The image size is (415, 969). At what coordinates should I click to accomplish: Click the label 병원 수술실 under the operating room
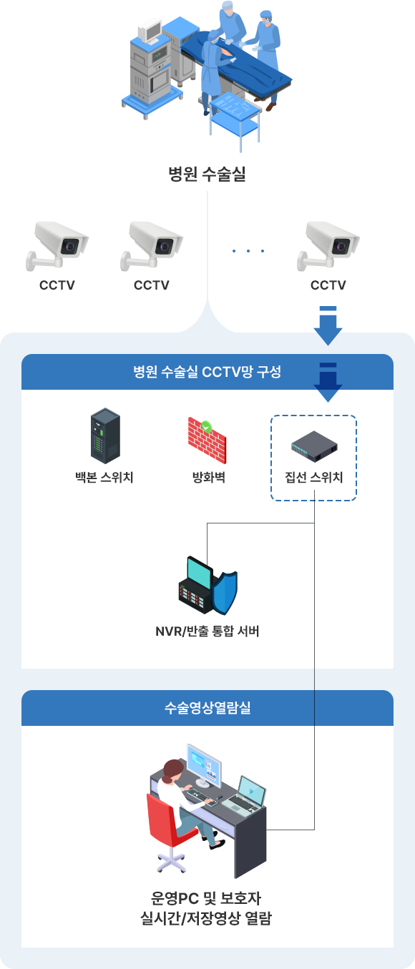(x=207, y=174)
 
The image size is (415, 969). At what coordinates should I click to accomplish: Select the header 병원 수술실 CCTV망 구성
(x=207, y=372)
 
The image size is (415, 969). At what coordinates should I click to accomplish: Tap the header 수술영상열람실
(x=207, y=708)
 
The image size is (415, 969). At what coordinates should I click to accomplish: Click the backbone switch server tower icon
(x=105, y=436)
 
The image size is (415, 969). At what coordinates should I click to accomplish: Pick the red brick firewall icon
(x=207, y=440)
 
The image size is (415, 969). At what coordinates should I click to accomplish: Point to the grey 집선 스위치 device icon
(x=314, y=446)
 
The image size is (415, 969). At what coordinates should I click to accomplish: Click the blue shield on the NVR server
(x=225, y=593)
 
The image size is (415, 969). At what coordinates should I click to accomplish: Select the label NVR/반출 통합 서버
(x=207, y=631)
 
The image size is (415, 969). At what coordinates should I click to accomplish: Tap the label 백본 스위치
(x=104, y=477)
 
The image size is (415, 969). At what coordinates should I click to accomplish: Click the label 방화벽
(x=209, y=477)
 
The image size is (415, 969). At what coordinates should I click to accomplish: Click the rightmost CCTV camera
(x=328, y=246)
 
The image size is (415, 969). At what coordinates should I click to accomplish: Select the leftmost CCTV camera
(x=57, y=246)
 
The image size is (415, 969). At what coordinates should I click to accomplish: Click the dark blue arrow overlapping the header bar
(x=328, y=383)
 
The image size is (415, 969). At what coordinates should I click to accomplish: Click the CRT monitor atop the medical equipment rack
(x=149, y=31)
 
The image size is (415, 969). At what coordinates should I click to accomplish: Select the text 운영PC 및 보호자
(x=206, y=898)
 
